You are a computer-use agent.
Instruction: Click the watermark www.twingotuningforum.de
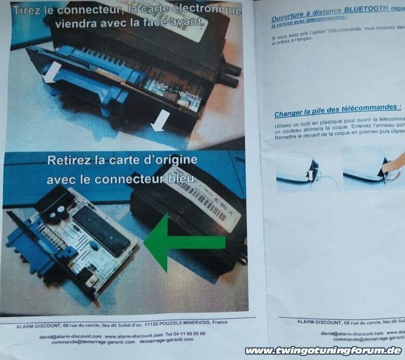(x=323, y=351)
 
